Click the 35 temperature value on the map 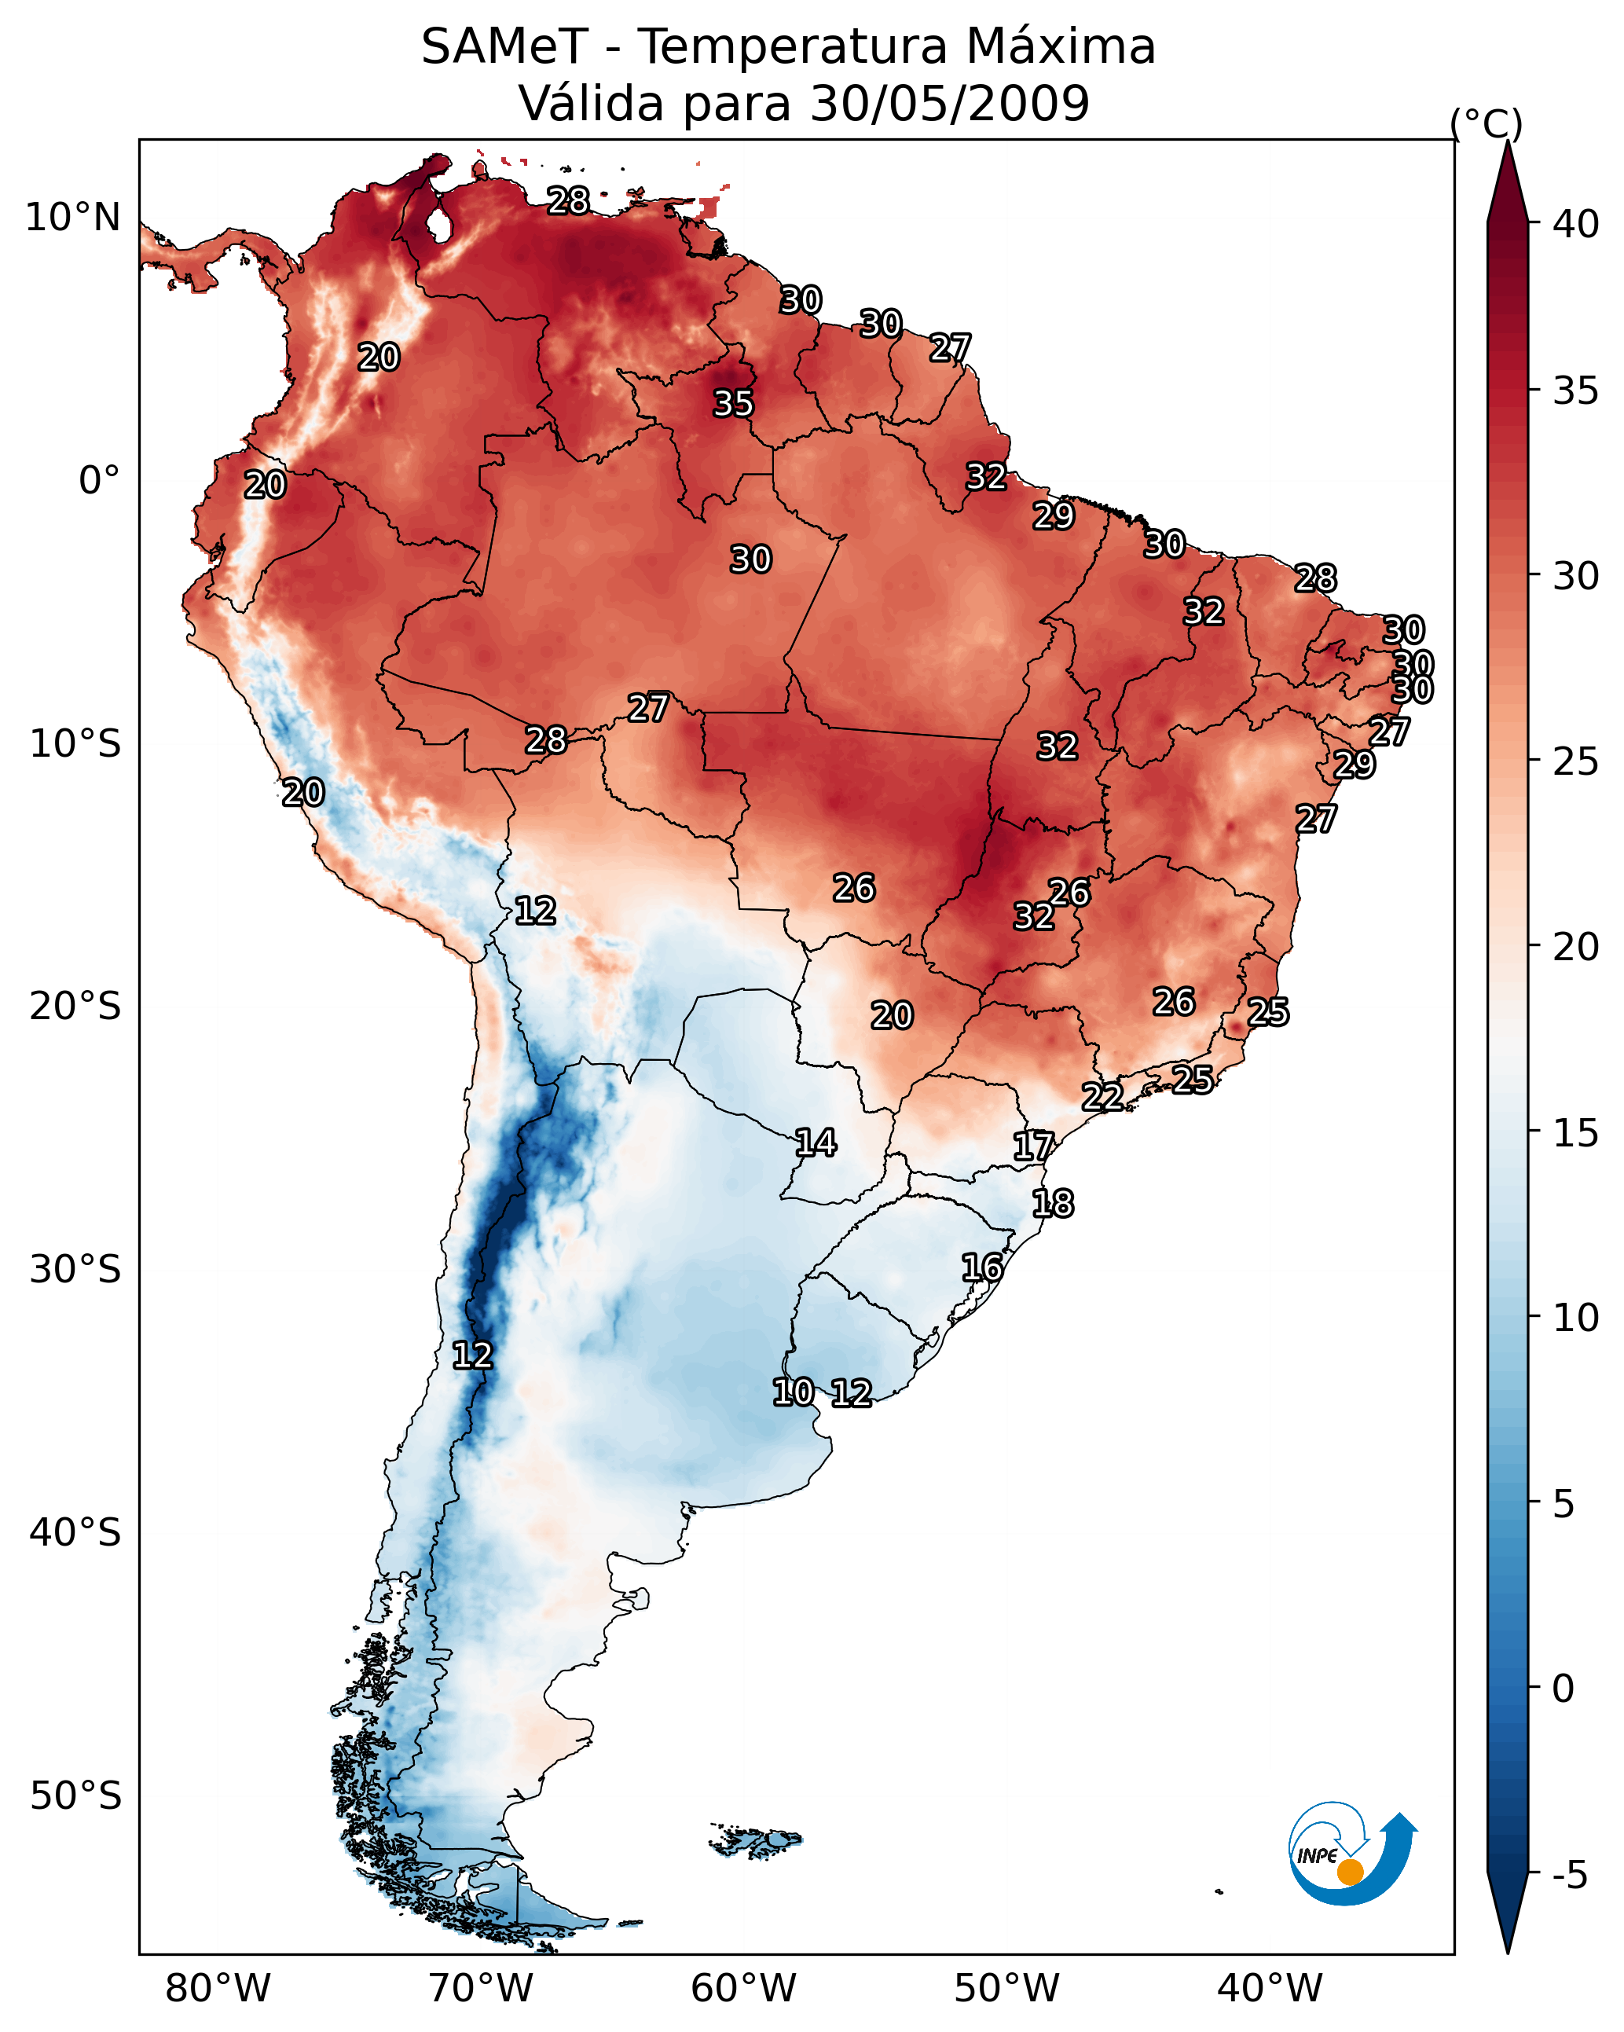tap(732, 403)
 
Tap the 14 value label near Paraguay tap(816, 1143)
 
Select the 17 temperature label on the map tap(1033, 1146)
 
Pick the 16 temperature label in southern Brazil tap(982, 1267)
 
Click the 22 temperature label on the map tap(1102, 1096)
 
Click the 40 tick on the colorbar tap(1576, 224)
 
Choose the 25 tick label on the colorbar tap(1576, 761)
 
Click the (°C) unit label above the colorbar tap(1486, 123)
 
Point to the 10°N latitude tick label tap(72, 218)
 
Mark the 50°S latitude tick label tap(75, 1796)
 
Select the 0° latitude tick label tap(99, 481)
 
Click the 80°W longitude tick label tap(218, 1988)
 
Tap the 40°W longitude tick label tap(1270, 1988)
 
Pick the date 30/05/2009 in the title tap(949, 104)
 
